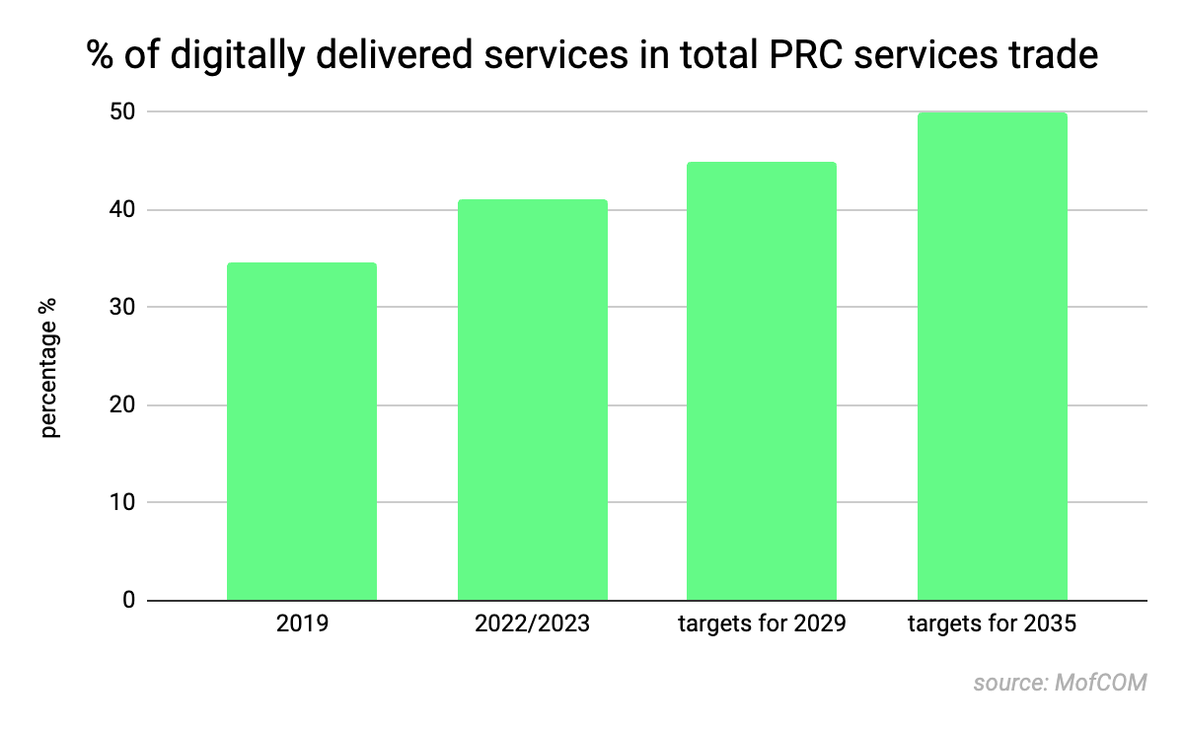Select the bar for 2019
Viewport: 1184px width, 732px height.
click(x=301, y=431)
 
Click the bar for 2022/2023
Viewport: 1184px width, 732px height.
click(x=532, y=400)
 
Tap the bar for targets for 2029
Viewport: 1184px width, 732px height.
click(x=762, y=381)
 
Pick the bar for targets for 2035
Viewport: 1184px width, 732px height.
click(x=992, y=356)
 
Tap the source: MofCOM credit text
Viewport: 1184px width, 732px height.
click(x=1060, y=683)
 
